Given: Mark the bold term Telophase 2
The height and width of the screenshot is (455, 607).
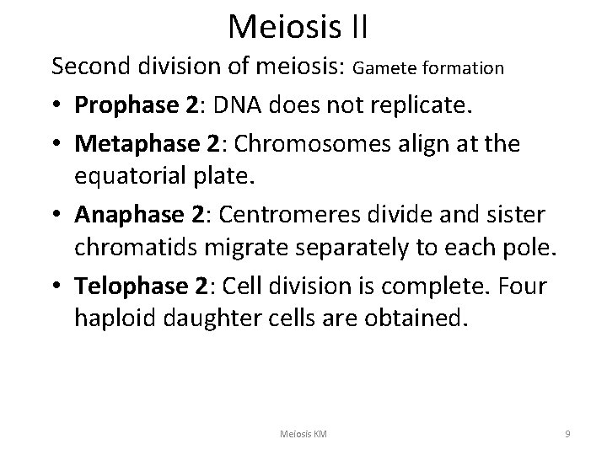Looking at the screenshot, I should (142, 286).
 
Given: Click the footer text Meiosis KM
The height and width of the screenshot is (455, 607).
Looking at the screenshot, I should (303, 433).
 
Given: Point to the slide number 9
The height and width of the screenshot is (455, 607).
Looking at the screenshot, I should (567, 433).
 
